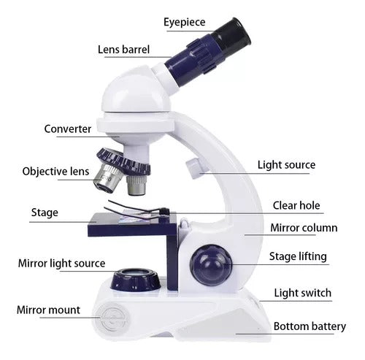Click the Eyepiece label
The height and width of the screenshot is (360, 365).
coord(185,22)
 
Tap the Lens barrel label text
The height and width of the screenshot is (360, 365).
coord(123,50)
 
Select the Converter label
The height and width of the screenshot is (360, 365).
coord(68,129)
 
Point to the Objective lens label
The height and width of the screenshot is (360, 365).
coord(55,172)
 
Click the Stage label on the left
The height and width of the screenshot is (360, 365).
coord(45,212)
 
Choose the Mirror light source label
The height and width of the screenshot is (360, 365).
coord(61,264)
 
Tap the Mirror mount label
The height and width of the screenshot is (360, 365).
coord(48,310)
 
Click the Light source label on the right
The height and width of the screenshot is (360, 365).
coord(286,165)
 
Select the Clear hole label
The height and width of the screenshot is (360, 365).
coord(296,206)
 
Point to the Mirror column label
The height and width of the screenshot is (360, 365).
coord(304,228)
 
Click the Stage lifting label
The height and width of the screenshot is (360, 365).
coord(298,257)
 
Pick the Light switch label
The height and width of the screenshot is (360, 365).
coord(303,293)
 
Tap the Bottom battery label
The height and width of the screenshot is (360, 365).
coord(310,326)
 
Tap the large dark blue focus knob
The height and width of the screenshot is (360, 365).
coord(211,265)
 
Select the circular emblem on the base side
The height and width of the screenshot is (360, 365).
coord(111,317)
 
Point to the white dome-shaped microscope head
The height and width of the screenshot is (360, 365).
coord(137,93)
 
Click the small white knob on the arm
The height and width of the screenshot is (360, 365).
coord(194,168)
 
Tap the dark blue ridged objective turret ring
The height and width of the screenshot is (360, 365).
coord(123,161)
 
